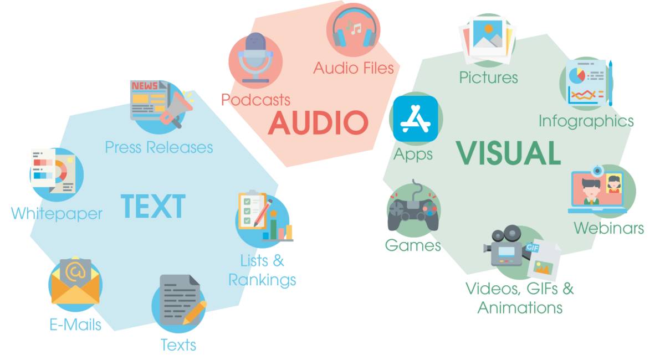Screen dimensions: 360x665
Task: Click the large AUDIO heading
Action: [318, 123]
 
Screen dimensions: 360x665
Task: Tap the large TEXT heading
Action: [153, 206]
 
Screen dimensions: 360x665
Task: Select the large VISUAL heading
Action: [509, 153]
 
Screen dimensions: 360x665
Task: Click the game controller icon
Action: [412, 211]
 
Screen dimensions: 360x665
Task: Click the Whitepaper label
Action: [57, 213]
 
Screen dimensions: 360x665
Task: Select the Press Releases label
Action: [159, 147]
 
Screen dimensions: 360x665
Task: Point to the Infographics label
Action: [586, 120]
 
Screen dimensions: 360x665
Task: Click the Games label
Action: [413, 245]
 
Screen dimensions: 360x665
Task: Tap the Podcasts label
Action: [255, 100]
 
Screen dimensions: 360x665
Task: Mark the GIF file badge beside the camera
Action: [542, 259]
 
